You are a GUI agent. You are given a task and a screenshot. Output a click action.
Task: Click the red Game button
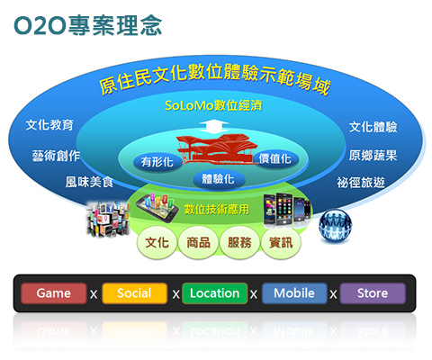point(54,293)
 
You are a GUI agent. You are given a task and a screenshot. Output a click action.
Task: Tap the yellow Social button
point(134,293)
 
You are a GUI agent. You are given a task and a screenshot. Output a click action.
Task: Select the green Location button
point(214,293)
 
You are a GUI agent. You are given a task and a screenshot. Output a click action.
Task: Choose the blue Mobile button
point(294,293)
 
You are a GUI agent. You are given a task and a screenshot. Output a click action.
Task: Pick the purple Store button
point(373,293)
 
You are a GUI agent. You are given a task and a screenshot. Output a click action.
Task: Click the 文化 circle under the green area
point(157,242)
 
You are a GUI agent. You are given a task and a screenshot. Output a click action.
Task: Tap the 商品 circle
point(198,242)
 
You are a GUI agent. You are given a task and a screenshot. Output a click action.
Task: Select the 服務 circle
point(239,242)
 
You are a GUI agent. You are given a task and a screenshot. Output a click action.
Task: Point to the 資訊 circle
point(281,242)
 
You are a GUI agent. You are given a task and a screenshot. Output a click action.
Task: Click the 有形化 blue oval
point(157,162)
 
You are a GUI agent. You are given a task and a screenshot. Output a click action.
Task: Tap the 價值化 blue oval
point(275,158)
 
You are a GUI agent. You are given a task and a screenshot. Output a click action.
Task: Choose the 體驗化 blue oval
point(218,179)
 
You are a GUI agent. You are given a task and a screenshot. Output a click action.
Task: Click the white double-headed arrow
point(214,127)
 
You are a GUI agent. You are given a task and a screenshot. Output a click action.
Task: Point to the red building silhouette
point(218,149)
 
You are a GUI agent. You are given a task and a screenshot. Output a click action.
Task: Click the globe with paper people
point(335,225)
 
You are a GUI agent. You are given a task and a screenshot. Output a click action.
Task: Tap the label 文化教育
point(49,125)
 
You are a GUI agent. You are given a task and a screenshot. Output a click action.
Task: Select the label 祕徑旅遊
point(361,183)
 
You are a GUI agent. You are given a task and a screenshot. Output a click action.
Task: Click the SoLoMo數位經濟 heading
point(213,105)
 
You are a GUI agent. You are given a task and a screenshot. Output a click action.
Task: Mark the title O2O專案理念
point(88,25)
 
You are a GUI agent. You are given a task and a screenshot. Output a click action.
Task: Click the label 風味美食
point(89,182)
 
